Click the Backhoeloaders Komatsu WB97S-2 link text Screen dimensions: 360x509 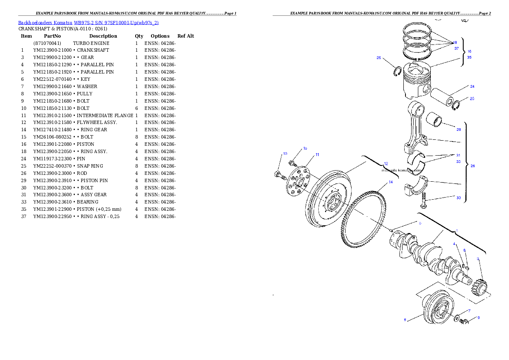tap(88, 23)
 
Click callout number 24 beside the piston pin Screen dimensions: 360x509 tap(472, 86)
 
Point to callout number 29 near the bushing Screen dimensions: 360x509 tap(459, 129)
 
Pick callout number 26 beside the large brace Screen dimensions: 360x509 tap(473, 166)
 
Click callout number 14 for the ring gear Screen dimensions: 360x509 tap(390, 182)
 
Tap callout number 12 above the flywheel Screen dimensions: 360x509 tap(386, 163)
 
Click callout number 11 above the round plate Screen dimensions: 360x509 tap(317, 154)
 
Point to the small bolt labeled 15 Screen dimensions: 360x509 tap(293, 163)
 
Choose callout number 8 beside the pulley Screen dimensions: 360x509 tap(405, 319)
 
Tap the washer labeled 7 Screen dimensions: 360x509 tap(457, 318)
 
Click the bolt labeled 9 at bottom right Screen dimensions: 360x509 tap(465, 322)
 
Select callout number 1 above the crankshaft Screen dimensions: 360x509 tap(457, 230)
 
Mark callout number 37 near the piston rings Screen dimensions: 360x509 tap(456, 48)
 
